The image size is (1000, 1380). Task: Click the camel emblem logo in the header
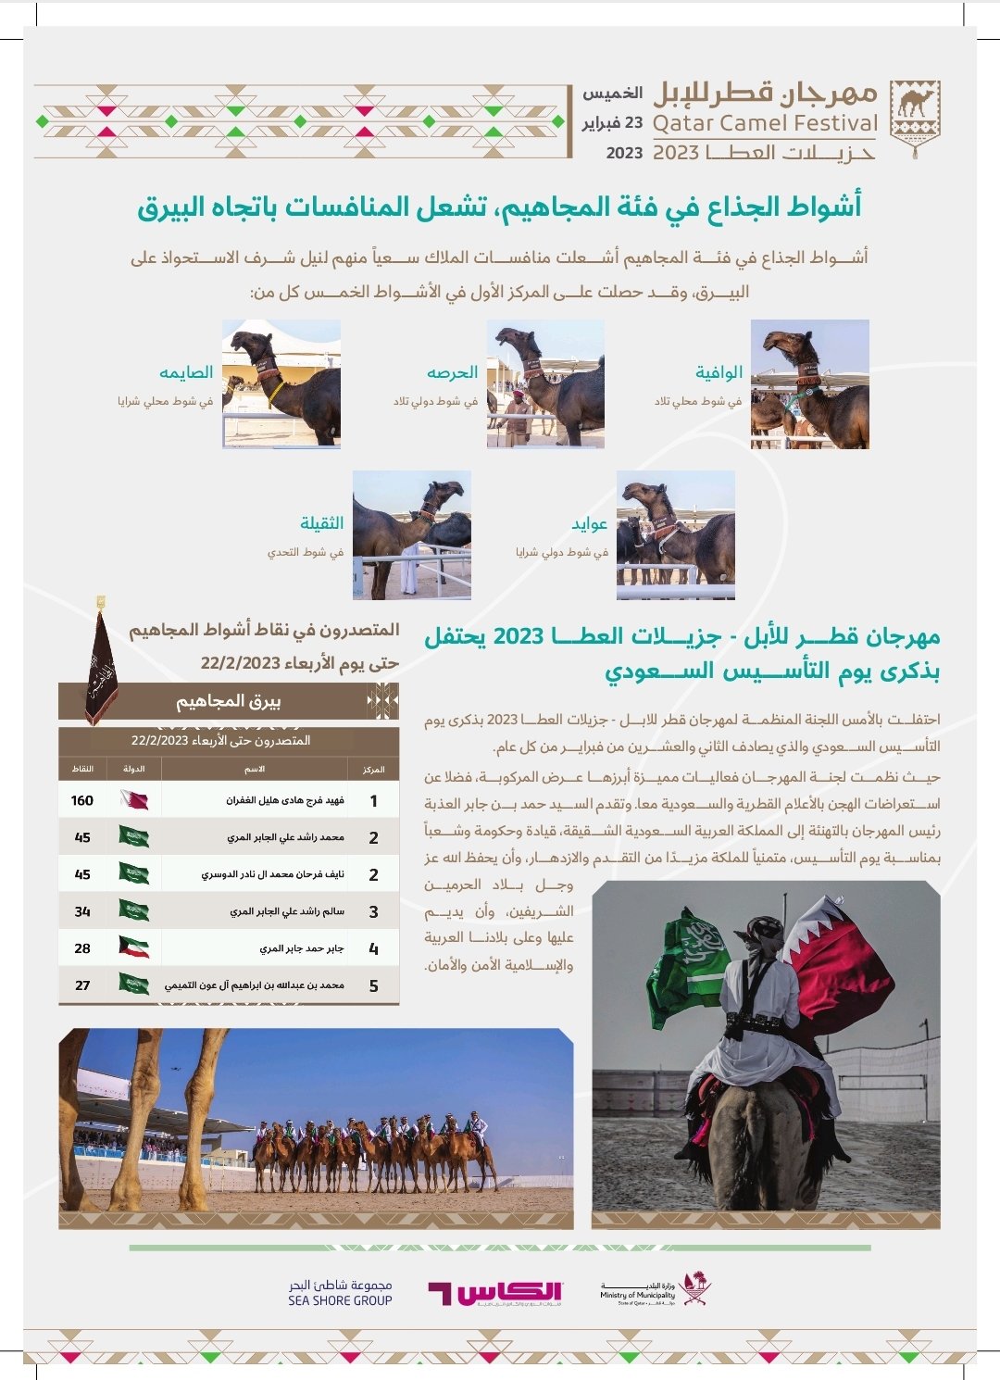914,117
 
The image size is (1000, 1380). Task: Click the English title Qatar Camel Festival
765,123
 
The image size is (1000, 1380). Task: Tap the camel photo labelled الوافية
809,384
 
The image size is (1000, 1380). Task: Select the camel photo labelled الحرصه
545,384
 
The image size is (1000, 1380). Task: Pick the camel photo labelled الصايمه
281,384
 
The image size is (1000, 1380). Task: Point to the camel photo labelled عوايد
676,534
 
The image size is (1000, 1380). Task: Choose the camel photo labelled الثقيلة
412,534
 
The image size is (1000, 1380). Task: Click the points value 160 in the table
82,800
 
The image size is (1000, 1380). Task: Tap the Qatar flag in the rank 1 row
134,799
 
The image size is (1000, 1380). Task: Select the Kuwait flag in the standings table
134,947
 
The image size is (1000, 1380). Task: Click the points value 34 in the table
82,911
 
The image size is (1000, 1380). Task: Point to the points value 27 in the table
82,985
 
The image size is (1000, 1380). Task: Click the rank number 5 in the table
373,985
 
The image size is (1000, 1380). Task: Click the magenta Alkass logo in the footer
495,1293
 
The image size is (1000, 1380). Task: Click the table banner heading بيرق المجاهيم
229,701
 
